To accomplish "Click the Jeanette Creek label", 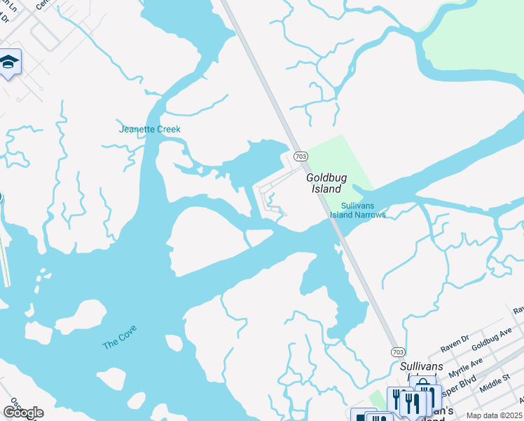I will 150,129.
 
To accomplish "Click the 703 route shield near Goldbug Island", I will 301,156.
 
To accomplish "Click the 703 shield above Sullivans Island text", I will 397,351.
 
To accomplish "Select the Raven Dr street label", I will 455,343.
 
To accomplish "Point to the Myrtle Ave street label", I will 466,367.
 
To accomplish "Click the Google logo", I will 23,413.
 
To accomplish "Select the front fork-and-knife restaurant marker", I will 413,403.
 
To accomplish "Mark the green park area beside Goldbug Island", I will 343,165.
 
